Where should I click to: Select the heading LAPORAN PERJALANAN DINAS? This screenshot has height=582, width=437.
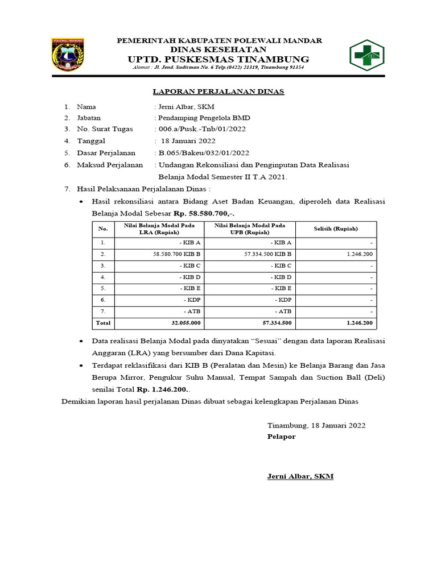[x=219, y=92]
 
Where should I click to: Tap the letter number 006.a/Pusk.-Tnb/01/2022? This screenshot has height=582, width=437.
[x=201, y=129]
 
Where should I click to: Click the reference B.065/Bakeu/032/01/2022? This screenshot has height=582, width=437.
[x=203, y=152]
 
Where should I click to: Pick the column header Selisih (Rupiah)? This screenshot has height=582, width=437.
[x=336, y=228]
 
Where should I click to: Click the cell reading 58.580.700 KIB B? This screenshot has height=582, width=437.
[x=176, y=253]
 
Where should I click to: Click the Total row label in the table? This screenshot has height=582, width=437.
[x=102, y=323]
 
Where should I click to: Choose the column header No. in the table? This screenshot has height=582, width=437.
[x=102, y=228]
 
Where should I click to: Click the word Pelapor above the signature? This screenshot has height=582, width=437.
[x=281, y=437]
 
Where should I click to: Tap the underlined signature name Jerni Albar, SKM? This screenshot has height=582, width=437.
[x=300, y=476]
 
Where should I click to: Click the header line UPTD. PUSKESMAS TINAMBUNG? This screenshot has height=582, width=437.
[x=219, y=59]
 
